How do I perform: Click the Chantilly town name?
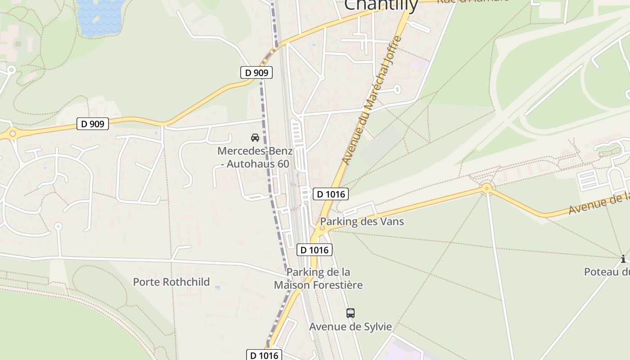[x=381, y=4]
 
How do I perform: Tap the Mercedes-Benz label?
[x=255, y=151]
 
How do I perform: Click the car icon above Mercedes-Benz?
[x=255, y=138]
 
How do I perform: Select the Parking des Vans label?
[x=362, y=221]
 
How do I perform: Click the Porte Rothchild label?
[x=171, y=282]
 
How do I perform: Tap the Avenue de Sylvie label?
[x=350, y=327]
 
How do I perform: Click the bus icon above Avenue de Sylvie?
[x=350, y=313]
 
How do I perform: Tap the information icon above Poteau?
[x=623, y=259]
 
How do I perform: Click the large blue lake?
[x=100, y=17]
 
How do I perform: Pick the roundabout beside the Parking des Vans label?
[x=322, y=228]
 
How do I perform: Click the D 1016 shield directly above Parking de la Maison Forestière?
[x=314, y=250]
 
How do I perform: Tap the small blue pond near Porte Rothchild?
[x=218, y=287]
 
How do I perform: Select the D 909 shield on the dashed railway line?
[x=256, y=72]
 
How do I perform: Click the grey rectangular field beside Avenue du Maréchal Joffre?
[x=381, y=145]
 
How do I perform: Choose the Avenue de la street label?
[x=598, y=203]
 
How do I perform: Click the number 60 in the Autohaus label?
[x=283, y=164]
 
